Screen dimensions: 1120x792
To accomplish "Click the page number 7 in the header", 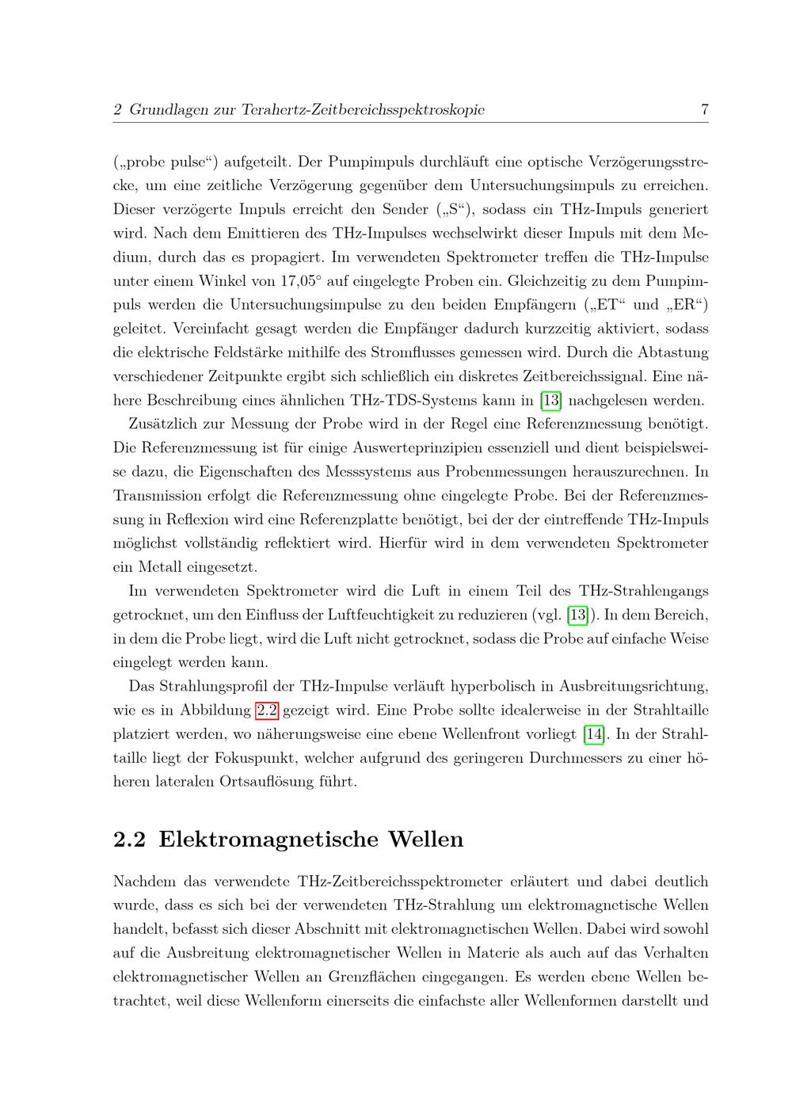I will (x=704, y=110).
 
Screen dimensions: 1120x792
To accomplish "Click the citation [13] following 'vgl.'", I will (x=579, y=615).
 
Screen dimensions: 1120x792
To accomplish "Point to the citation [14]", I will (x=593, y=734).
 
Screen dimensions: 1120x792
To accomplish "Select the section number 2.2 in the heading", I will (x=130, y=840).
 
